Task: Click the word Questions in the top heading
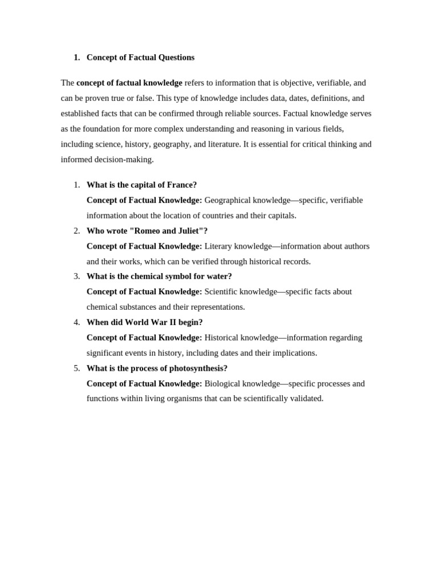point(174,58)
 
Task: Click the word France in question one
point(180,185)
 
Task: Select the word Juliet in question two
point(191,231)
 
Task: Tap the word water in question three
point(218,277)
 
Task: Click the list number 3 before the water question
point(77,277)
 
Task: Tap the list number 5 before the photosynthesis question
point(77,368)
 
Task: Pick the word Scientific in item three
point(221,291)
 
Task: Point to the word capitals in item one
point(279,216)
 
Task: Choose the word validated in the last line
point(306,399)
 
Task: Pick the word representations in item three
point(218,307)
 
